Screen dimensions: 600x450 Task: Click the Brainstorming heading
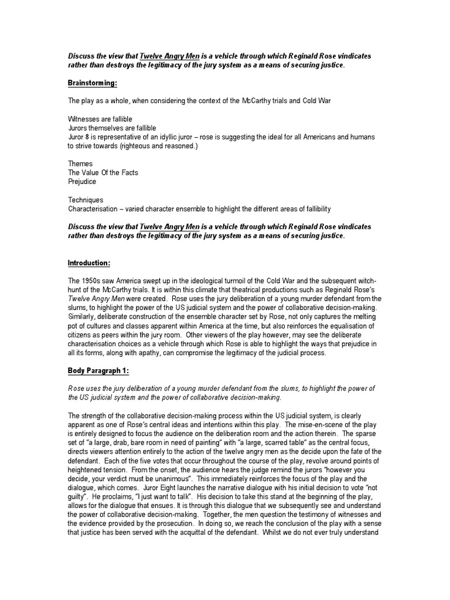(x=92, y=83)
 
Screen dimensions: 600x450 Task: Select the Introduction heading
(x=88, y=263)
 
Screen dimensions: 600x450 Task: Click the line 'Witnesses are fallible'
(x=100, y=119)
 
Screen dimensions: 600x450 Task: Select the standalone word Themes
(x=80, y=164)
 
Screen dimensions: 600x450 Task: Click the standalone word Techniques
(x=86, y=200)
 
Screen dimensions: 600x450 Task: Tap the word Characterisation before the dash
(x=96, y=209)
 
